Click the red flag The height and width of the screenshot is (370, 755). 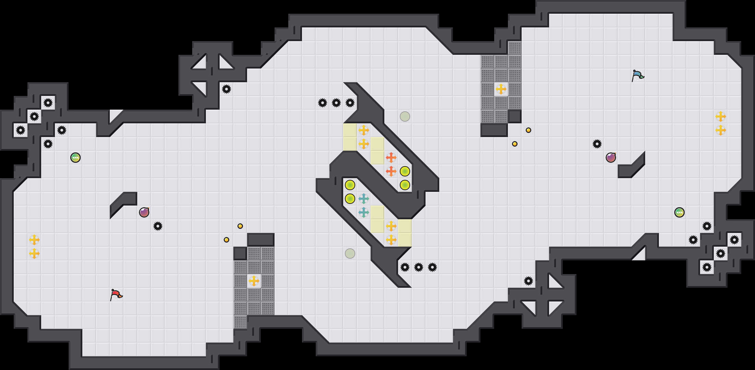116,295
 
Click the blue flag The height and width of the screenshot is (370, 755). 638,75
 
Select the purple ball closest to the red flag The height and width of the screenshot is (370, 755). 144,212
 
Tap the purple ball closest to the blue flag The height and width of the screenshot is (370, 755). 611,158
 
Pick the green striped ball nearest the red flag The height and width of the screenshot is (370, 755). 75,158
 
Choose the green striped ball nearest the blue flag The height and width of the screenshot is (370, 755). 679,212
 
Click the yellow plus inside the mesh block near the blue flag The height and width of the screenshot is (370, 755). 501,89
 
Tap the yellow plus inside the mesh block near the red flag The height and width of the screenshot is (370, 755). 254,281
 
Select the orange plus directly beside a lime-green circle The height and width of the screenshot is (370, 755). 391,171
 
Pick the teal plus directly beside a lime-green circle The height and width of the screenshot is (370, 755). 364,199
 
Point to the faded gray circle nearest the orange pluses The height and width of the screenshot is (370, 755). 405,116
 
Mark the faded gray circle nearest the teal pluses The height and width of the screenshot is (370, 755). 350,254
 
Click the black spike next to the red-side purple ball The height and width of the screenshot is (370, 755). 158,226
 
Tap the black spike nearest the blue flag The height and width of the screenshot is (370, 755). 597,144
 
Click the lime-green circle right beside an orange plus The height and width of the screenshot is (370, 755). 405,171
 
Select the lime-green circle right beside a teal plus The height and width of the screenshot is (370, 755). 350,199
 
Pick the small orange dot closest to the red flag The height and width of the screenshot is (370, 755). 226,240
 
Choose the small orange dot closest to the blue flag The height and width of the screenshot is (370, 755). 528,130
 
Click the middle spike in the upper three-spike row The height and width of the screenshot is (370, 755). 336,103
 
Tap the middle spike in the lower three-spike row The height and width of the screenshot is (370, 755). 419,267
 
